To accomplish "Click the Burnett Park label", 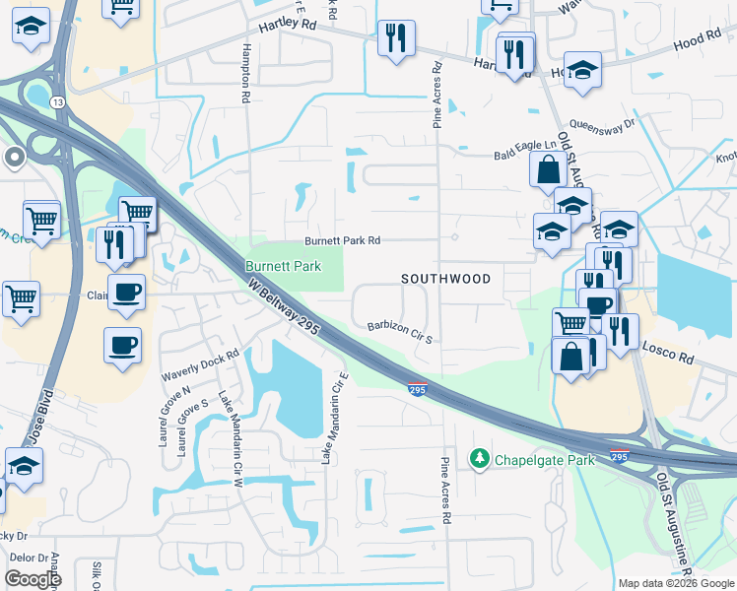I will tap(283, 267).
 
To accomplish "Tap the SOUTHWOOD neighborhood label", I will tap(446, 279).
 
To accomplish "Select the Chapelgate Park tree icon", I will tap(480, 459).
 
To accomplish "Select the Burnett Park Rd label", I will tap(342, 240).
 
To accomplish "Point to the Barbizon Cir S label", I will tap(401, 331).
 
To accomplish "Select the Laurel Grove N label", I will tap(164, 414).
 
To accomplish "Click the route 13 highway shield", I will tap(60, 102).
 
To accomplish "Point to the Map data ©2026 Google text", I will tap(677, 583).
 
